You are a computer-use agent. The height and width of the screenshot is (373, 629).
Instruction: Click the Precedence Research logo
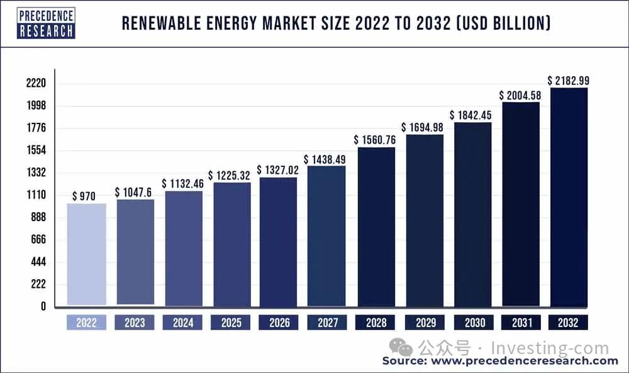tap(46, 23)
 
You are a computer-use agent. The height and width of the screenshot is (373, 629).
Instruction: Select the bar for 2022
tap(86, 255)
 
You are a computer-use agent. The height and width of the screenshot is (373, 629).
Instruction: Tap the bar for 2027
tap(326, 236)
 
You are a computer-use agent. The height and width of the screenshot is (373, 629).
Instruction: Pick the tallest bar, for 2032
tap(569, 197)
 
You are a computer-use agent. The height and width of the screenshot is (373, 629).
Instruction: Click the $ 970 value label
tap(84, 197)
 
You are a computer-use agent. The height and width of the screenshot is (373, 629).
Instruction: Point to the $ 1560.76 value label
tap(374, 140)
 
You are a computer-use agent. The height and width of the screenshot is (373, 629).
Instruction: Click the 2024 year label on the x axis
tap(182, 323)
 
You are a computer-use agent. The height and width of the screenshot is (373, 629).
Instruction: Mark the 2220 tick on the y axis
tap(35, 84)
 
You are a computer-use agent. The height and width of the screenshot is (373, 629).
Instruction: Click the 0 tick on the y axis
tap(43, 307)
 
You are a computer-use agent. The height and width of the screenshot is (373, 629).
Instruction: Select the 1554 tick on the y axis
tap(35, 151)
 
